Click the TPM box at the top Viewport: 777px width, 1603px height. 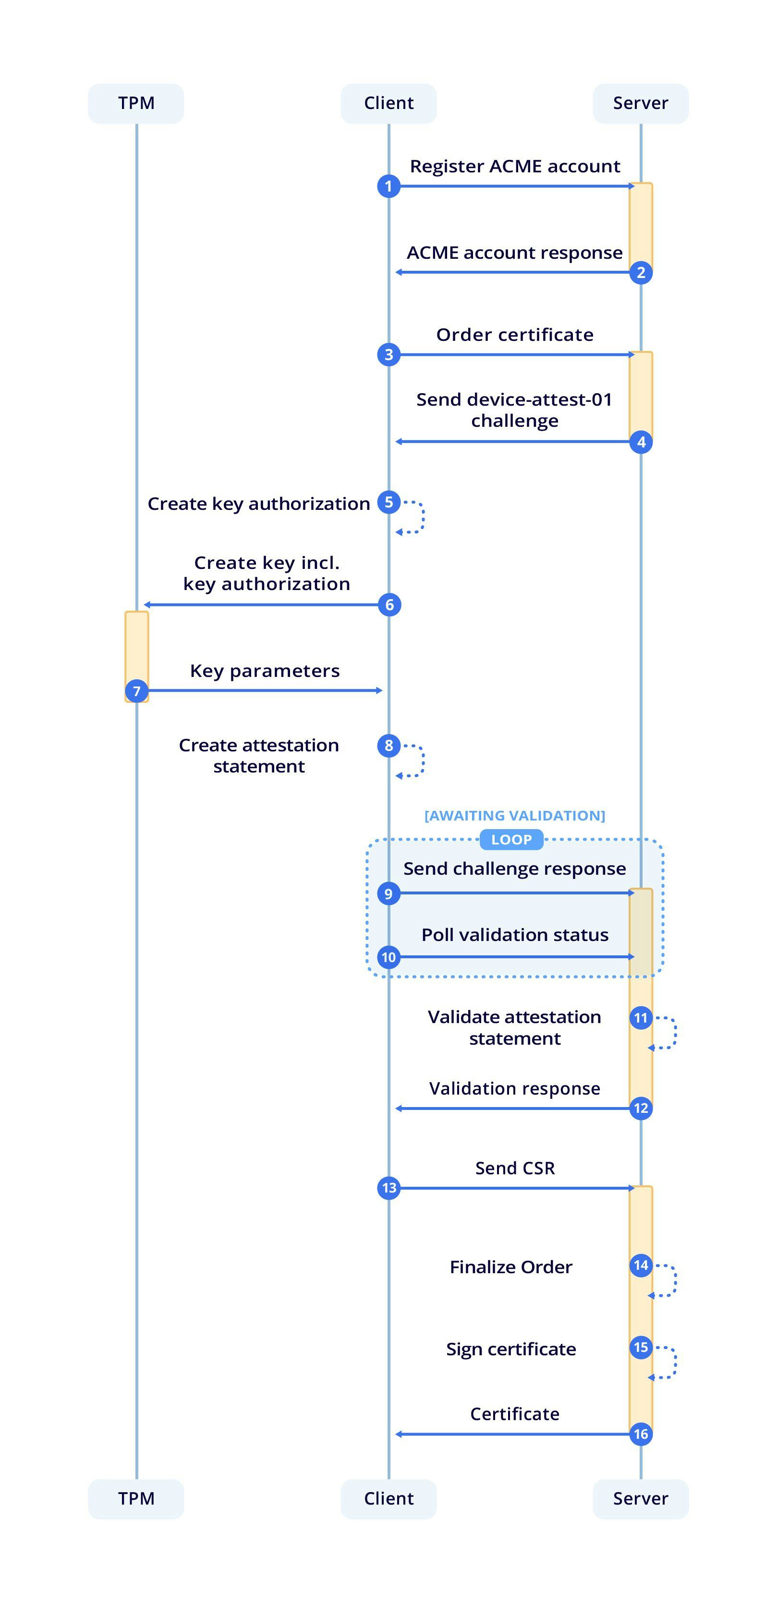click(x=136, y=103)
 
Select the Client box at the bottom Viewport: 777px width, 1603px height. click(x=388, y=1498)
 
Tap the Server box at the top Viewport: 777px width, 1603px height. click(x=640, y=103)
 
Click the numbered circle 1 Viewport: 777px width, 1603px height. click(x=388, y=186)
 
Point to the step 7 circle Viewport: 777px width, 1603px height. click(x=136, y=691)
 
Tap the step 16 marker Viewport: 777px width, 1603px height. click(x=641, y=1434)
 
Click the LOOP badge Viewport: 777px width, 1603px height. click(x=511, y=840)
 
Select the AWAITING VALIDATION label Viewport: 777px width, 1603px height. click(x=514, y=815)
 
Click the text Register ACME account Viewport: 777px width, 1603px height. click(x=514, y=166)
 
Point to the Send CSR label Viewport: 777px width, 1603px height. click(x=514, y=1168)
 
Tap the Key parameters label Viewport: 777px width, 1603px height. click(x=265, y=671)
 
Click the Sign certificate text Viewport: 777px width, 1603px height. click(x=510, y=1349)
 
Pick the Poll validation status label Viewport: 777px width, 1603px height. click(x=514, y=935)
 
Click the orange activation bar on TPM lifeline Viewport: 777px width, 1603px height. click(x=136, y=647)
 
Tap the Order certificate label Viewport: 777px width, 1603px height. click(x=514, y=335)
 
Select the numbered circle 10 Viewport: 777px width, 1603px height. click(x=388, y=957)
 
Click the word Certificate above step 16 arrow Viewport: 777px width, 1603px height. click(x=514, y=1414)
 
